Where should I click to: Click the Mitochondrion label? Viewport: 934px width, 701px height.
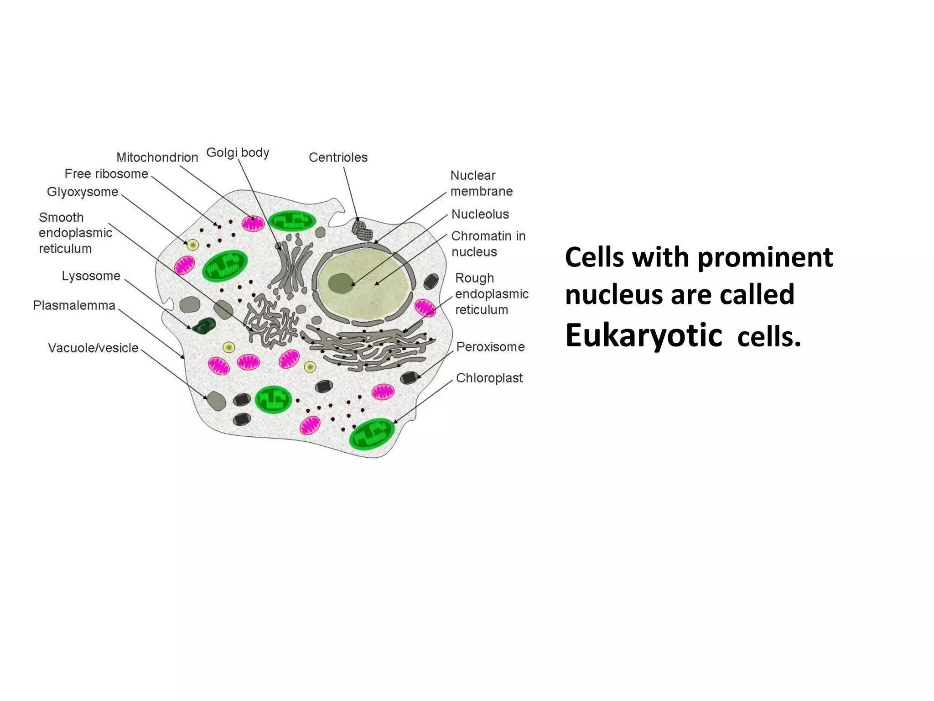(157, 157)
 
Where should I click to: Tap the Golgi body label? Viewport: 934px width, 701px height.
(238, 152)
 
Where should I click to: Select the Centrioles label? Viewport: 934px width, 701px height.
(338, 157)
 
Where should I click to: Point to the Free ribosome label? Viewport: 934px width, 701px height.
(106, 174)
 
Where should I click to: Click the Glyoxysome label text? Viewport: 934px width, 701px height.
(83, 192)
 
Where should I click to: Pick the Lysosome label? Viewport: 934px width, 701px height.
(91, 276)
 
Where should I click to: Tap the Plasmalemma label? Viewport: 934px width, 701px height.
(74, 305)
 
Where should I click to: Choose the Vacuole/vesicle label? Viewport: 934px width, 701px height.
(93, 348)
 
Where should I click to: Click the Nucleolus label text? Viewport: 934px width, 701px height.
(480, 214)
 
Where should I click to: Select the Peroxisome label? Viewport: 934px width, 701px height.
(490, 347)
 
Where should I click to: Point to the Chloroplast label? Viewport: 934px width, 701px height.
(489, 378)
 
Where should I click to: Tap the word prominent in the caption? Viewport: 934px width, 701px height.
(765, 257)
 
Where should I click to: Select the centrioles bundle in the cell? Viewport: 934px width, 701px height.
(362, 230)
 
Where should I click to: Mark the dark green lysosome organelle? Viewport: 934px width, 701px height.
(204, 325)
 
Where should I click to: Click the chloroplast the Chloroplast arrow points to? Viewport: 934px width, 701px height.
(372, 434)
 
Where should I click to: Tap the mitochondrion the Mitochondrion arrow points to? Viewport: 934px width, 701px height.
(253, 224)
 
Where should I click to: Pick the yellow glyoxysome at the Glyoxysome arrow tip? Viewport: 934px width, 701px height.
(193, 245)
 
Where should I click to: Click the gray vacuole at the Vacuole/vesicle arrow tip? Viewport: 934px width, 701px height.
(216, 401)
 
